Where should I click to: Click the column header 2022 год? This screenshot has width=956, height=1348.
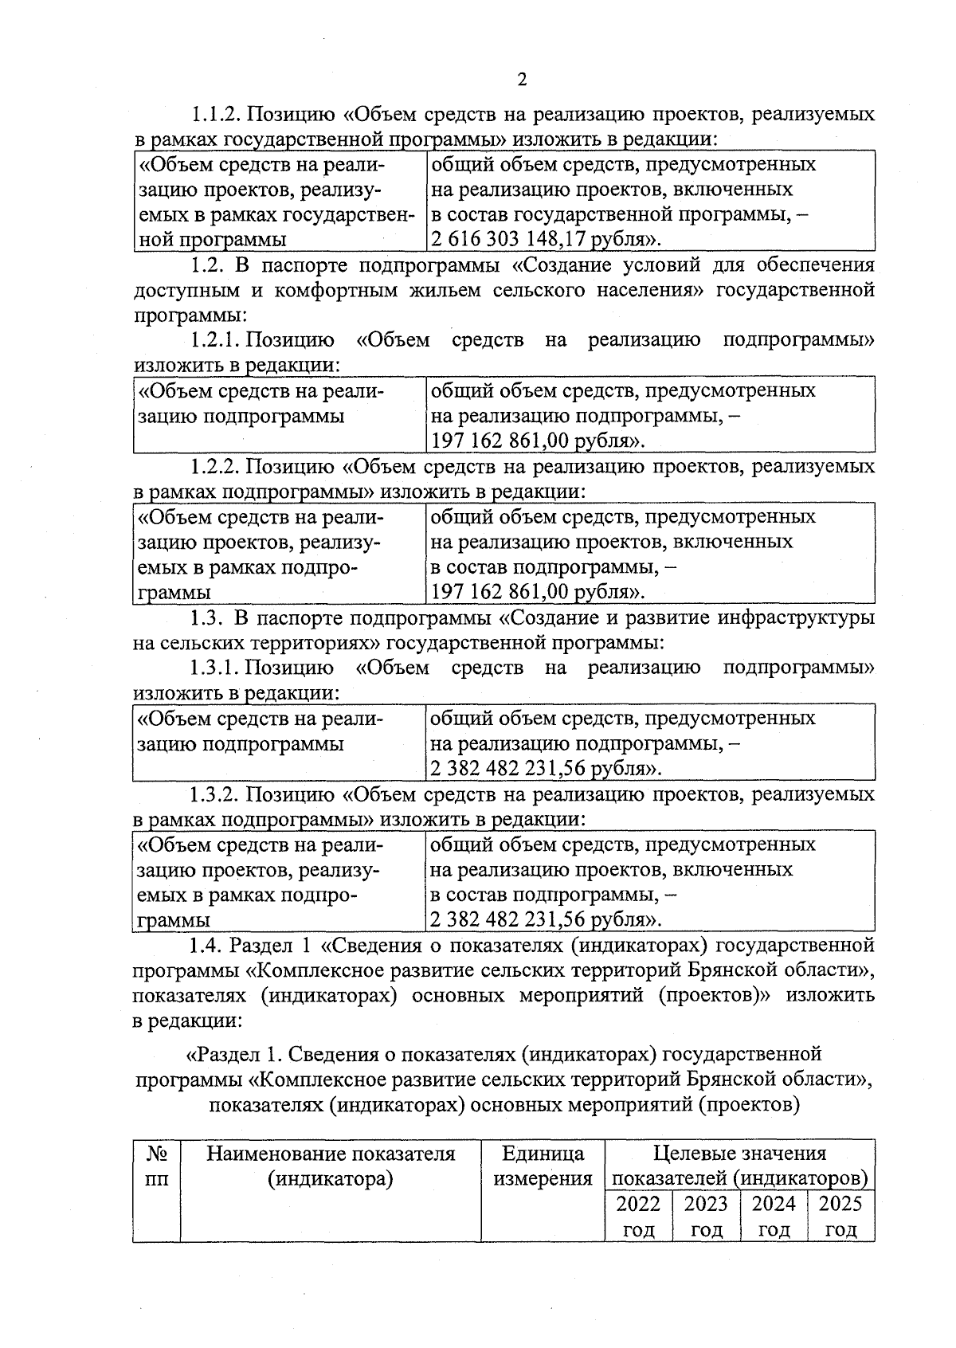point(638,1216)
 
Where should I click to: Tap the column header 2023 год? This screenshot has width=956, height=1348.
point(706,1216)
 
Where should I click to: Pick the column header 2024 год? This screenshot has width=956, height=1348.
point(774,1216)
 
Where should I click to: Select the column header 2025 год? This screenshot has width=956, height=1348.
point(840,1216)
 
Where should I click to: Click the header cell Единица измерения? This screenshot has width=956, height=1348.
point(543,1166)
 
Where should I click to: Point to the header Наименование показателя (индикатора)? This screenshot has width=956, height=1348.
point(331,1166)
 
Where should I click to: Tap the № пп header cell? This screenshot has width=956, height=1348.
point(157,1166)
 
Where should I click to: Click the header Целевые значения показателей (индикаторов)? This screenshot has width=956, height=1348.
point(739,1166)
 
